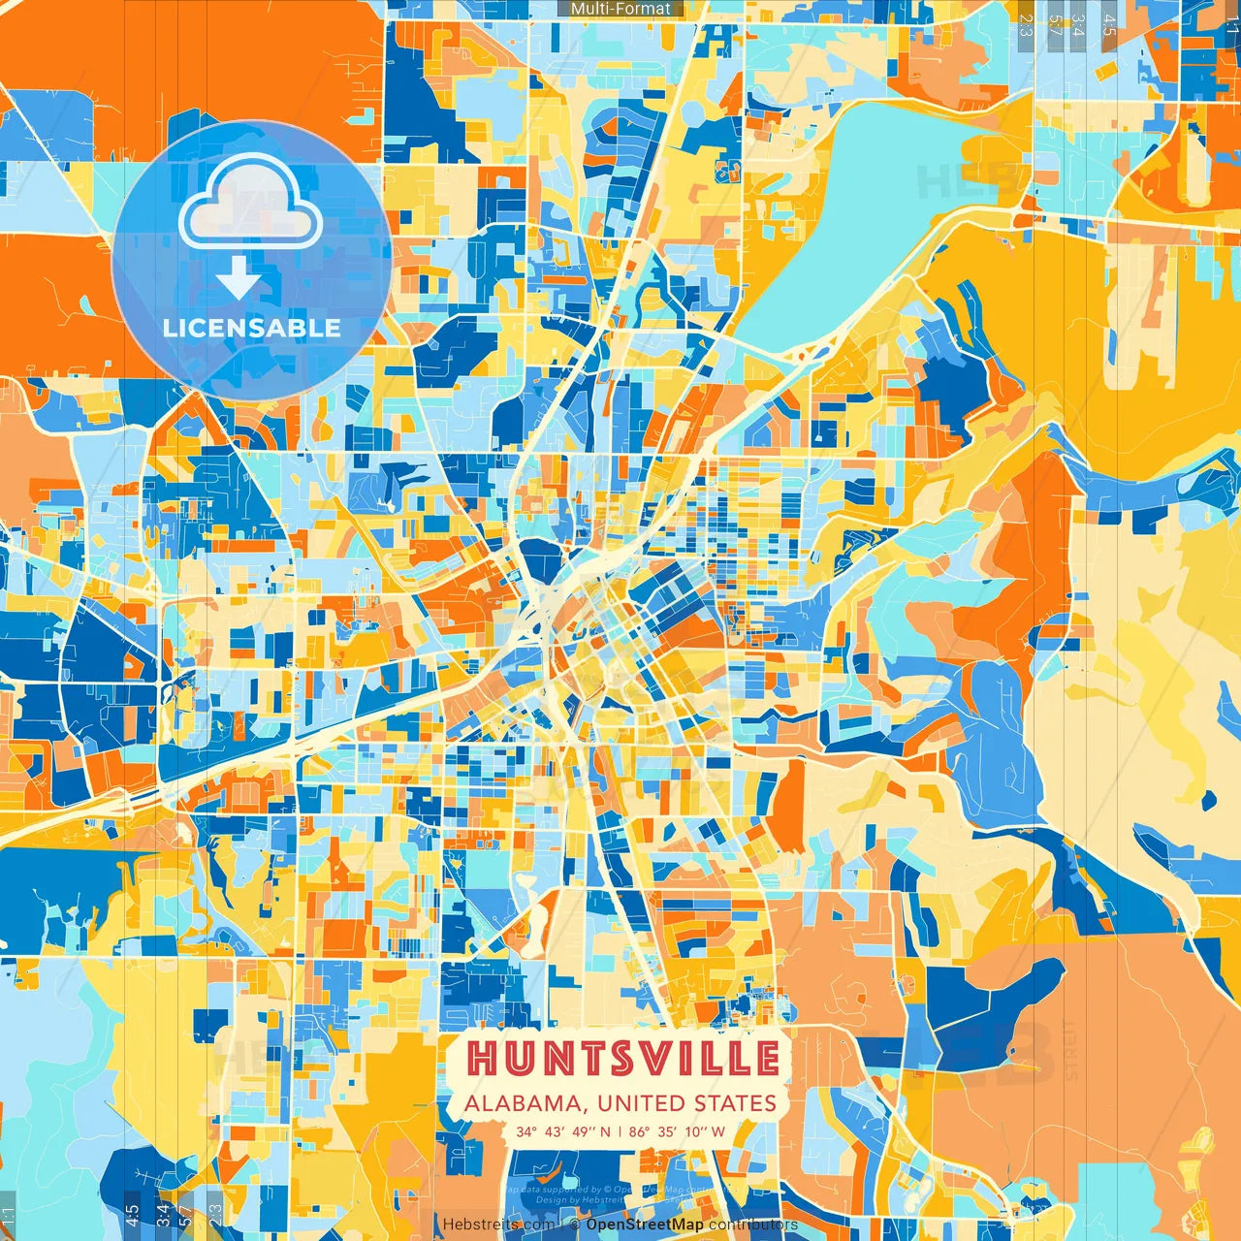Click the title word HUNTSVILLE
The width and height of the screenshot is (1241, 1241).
pos(622,1059)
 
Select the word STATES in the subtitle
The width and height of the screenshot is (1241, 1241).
pos(734,1103)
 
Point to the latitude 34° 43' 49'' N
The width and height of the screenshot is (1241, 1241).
pos(563,1131)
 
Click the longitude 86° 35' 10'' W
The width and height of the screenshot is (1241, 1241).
pos(677,1131)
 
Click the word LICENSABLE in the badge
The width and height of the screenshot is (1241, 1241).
pos(252,328)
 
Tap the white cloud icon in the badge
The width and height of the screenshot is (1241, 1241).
pos(250,200)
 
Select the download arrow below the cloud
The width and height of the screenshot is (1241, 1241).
pos(238,277)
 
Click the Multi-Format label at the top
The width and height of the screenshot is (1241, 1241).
pos(620,9)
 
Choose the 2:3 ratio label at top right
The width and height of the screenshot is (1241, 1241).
pos(1025,25)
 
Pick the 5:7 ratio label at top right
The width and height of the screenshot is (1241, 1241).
pos(1056,25)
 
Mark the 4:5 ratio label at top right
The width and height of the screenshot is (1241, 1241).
pos(1109,25)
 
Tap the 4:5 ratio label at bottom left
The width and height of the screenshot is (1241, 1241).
pos(132,1214)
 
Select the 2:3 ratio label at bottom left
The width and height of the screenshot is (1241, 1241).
pos(215,1214)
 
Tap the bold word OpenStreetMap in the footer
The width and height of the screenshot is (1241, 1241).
pos(645,1225)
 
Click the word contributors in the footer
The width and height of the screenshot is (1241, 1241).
pos(753,1225)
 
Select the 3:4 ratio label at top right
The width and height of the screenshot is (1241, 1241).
pos(1078,25)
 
